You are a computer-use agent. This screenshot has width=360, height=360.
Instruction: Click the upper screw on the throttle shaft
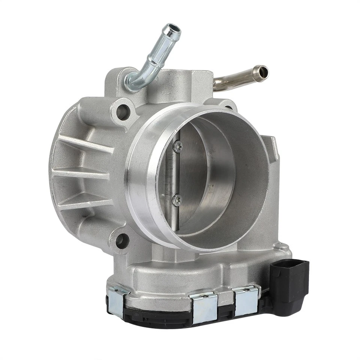click(x=177, y=146)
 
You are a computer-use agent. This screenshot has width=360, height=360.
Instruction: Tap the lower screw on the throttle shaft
click(x=177, y=199)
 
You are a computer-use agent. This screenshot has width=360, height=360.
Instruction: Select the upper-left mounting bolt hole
click(x=122, y=111)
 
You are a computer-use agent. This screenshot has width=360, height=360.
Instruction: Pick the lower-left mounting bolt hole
click(x=122, y=240)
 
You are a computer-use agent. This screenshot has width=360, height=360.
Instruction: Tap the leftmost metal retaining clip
click(x=117, y=300)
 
